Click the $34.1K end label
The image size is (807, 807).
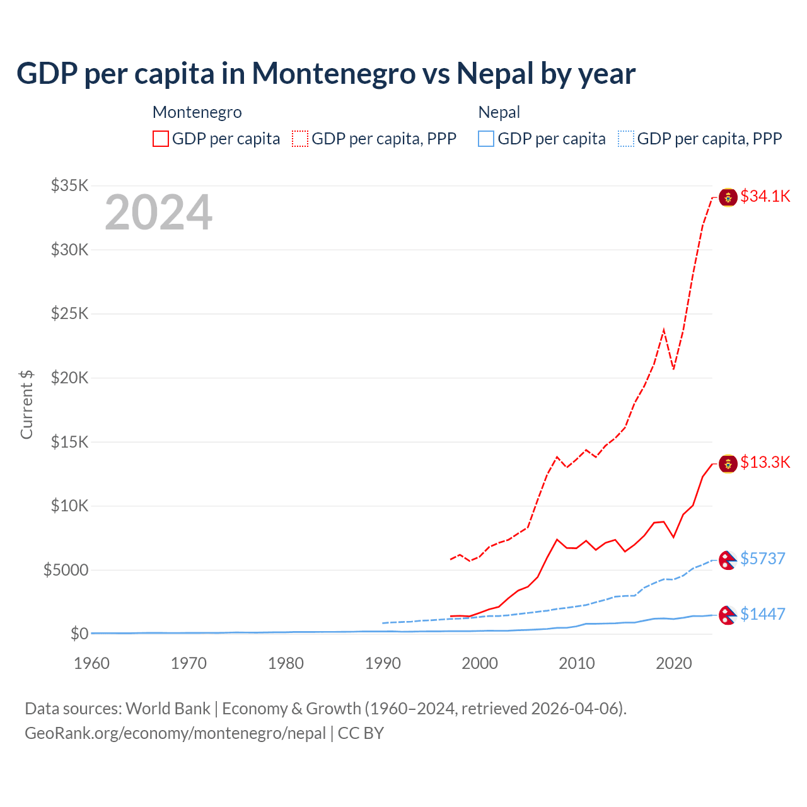765,197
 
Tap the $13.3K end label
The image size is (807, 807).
765,463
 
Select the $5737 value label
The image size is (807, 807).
762,559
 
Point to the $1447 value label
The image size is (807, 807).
762,614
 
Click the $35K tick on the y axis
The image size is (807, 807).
70,185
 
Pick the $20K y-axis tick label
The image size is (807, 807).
70,378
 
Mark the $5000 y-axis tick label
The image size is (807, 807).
66,570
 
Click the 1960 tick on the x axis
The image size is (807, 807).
92,663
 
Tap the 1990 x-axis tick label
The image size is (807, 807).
383,663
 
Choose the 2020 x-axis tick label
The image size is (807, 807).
674,663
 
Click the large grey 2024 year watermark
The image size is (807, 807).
158,213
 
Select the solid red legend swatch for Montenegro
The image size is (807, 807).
161,139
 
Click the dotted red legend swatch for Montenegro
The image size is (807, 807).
300,139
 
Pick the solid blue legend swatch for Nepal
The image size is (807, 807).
486,139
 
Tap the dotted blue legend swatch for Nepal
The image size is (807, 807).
626,139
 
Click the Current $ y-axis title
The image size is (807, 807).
26,405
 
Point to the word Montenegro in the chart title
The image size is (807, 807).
334,74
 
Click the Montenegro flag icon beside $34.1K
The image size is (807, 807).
728,197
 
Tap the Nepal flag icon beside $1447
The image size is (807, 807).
728,615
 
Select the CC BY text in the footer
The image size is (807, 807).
361,733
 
